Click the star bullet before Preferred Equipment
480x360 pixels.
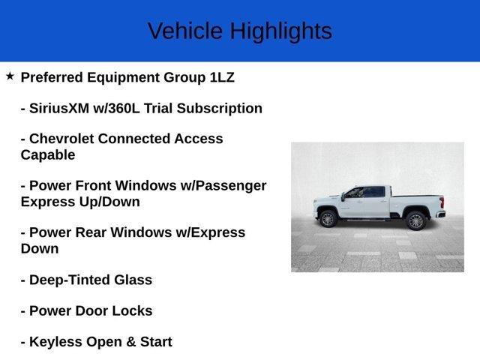pos(10,76)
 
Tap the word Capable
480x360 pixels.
pos(48,155)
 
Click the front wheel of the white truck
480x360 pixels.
pos(327,219)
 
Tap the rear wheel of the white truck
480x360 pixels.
pos(415,220)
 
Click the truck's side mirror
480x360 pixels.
pos(343,196)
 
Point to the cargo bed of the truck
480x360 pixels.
pos(417,201)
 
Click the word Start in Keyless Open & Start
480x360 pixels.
pos(153,342)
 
